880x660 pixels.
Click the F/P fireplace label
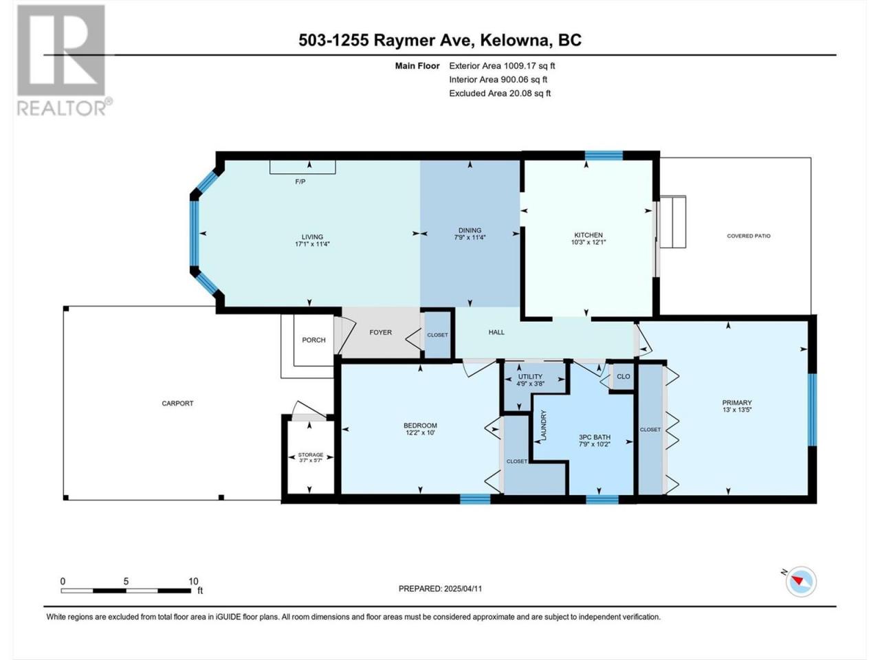[x=300, y=182]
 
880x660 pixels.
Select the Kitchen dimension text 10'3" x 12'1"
[x=588, y=243]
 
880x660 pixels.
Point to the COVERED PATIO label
[x=749, y=236]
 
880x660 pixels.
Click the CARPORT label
[x=177, y=404]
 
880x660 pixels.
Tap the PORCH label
[x=313, y=340]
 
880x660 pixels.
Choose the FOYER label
[x=380, y=333]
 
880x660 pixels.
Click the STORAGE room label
[x=311, y=455]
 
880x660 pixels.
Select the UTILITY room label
[x=530, y=377]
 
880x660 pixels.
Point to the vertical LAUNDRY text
[x=544, y=425]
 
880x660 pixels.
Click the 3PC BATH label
[x=595, y=437]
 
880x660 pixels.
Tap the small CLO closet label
[x=624, y=377]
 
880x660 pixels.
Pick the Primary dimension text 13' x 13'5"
[x=737, y=410]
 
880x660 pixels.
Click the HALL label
[x=496, y=332]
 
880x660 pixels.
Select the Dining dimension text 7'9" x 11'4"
[x=470, y=237]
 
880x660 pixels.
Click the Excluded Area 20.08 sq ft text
[x=500, y=93]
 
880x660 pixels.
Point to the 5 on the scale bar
[x=126, y=582]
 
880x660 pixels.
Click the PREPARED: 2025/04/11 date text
[x=440, y=588]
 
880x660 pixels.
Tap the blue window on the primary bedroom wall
[x=812, y=410]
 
